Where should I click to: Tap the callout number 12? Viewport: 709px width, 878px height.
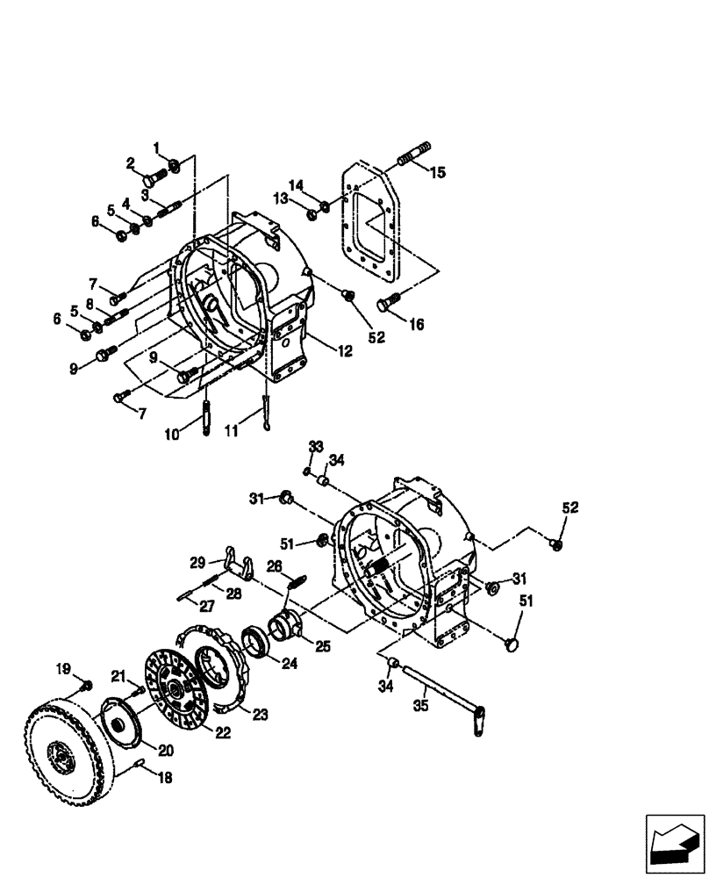click(344, 351)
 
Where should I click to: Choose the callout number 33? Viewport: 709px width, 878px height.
click(316, 449)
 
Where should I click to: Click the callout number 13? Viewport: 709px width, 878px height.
click(281, 200)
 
